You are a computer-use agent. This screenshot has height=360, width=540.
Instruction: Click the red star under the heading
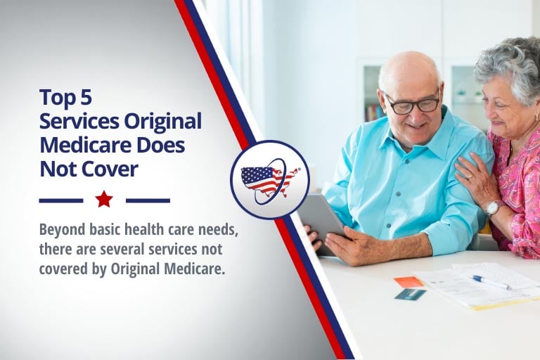click(104, 200)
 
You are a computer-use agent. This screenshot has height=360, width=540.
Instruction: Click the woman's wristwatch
click(492, 207)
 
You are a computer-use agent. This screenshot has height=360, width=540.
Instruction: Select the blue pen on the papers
click(490, 281)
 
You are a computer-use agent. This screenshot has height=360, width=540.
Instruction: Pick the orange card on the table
click(409, 282)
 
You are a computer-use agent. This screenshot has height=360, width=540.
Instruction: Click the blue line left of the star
click(61, 200)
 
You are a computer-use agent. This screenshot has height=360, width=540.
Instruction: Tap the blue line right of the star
click(148, 200)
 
